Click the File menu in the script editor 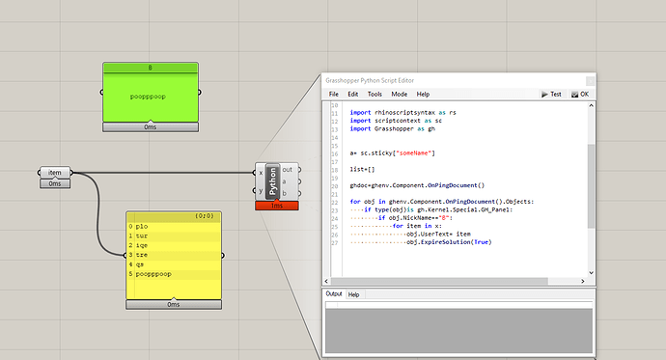[334, 94]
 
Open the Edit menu [353, 94]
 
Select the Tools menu [375, 94]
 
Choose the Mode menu [398, 94]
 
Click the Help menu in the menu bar [423, 94]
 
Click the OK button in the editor [581, 94]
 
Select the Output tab [334, 293]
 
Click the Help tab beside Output [354, 293]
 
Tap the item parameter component [55, 173]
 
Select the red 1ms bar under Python [276, 205]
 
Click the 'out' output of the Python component [287, 170]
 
